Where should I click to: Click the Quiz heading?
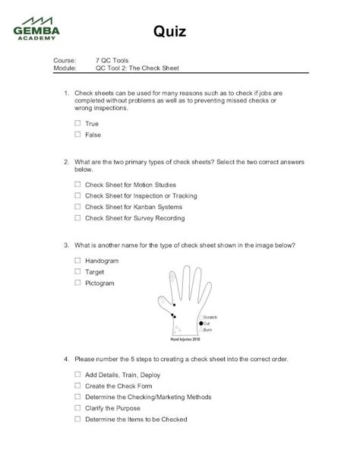pyautogui.click(x=171, y=31)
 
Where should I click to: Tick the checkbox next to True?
pyautogui.click(x=77, y=122)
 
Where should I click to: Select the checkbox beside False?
pyautogui.click(x=77, y=134)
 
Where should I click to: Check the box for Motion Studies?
pyautogui.click(x=77, y=184)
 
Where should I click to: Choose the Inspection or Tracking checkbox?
pyautogui.click(x=77, y=195)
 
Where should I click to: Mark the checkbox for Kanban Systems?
pyautogui.click(x=77, y=206)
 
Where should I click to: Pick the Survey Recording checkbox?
pyautogui.click(x=77, y=217)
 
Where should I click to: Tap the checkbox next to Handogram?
pyautogui.click(x=77, y=260)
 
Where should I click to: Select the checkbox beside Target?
pyautogui.click(x=77, y=271)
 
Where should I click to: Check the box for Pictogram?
pyautogui.click(x=77, y=283)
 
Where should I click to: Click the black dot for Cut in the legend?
pyautogui.click(x=201, y=323)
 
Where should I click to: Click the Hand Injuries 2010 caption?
pyautogui.click(x=185, y=338)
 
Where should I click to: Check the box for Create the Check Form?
pyautogui.click(x=77, y=385)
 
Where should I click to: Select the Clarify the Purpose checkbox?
pyautogui.click(x=77, y=407)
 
